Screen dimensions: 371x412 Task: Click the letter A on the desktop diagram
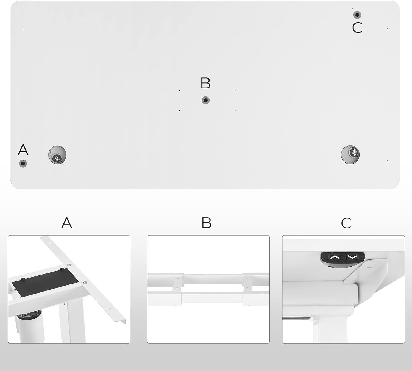coord(23,150)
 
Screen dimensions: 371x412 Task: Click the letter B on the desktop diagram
coord(205,83)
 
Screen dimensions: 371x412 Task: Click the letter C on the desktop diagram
coord(357,28)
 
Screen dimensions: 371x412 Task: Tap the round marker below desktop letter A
coord(23,164)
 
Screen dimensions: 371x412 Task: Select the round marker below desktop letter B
coord(205,100)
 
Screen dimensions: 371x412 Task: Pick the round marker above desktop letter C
coord(357,15)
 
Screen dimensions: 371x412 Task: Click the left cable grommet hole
coord(57,155)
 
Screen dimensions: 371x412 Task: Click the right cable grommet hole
coord(350,155)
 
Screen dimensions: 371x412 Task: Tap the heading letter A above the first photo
coord(67,223)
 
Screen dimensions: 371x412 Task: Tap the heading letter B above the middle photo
coord(207,223)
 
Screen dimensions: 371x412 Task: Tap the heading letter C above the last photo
coord(346,223)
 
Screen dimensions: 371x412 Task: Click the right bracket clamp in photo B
coord(247,283)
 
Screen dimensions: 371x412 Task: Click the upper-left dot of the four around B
coord(179,90)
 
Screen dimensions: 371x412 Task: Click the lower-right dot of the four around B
coord(235,110)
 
